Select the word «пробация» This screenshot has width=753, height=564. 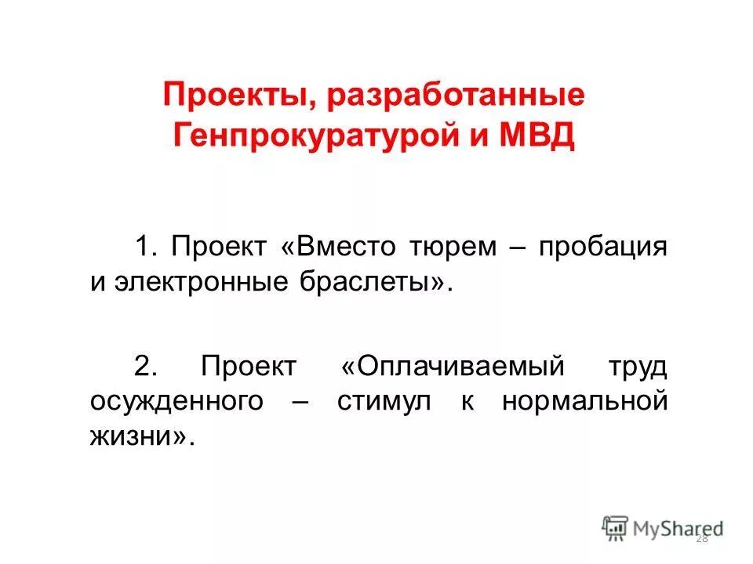click(602, 247)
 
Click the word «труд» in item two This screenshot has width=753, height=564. click(637, 365)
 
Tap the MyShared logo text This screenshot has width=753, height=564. click(677, 527)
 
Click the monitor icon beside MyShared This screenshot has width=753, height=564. click(615, 527)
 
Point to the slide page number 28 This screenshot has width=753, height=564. click(701, 538)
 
